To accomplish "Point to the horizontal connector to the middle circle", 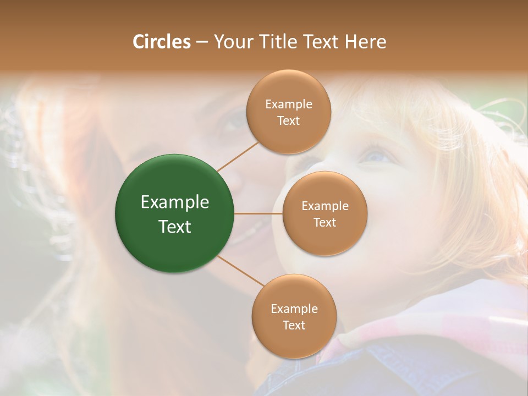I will pyautogui.click(x=258, y=213).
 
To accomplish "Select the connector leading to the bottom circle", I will pyautogui.click(x=240, y=271).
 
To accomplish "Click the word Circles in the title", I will pyautogui.click(x=162, y=42).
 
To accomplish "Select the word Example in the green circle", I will pyautogui.click(x=175, y=202).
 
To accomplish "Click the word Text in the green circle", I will pyautogui.click(x=175, y=227).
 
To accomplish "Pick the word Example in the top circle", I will pyautogui.click(x=289, y=105).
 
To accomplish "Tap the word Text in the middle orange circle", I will pyautogui.click(x=324, y=222).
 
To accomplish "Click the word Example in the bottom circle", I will pyautogui.click(x=294, y=309).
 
